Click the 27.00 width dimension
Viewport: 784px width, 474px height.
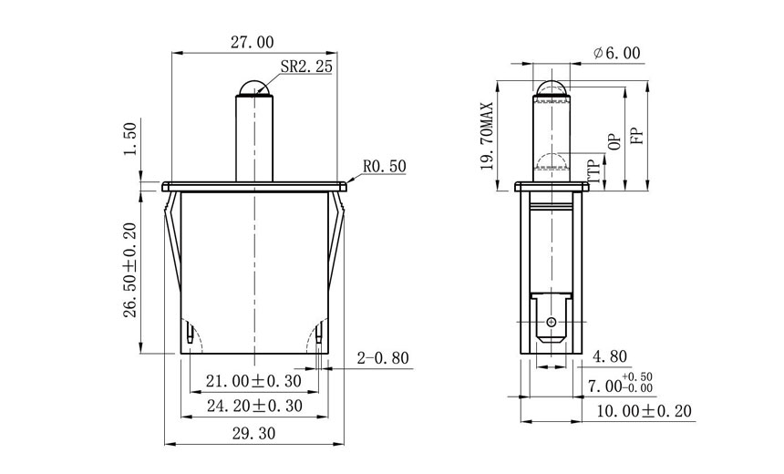[x=251, y=42]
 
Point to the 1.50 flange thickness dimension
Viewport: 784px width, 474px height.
[x=129, y=139]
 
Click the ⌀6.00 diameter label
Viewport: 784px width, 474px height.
[x=616, y=54]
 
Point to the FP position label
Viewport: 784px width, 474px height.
[x=637, y=134]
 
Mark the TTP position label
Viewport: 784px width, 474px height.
[x=594, y=170]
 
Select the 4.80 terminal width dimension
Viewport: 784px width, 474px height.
[x=609, y=356]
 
